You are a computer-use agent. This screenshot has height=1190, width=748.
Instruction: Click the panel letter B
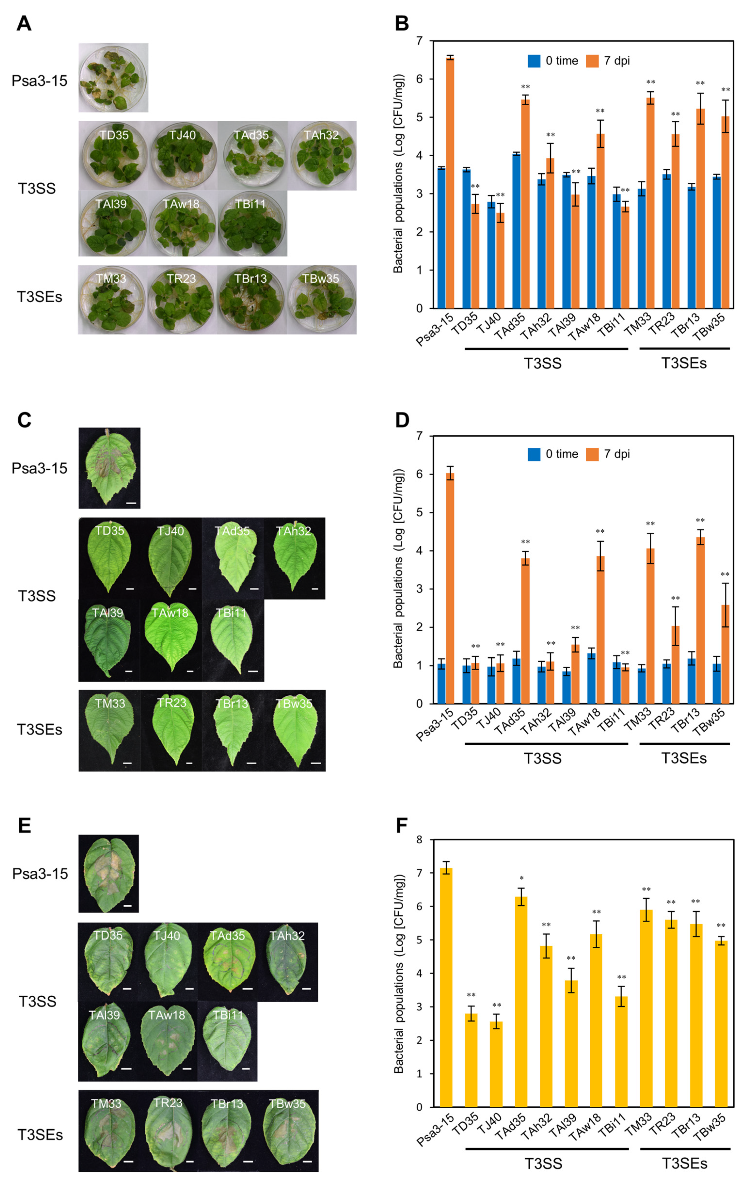tap(402, 23)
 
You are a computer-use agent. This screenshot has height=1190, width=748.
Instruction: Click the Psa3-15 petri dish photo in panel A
tap(113, 78)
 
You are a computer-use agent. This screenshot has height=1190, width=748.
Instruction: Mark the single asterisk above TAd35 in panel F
tap(521, 879)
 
